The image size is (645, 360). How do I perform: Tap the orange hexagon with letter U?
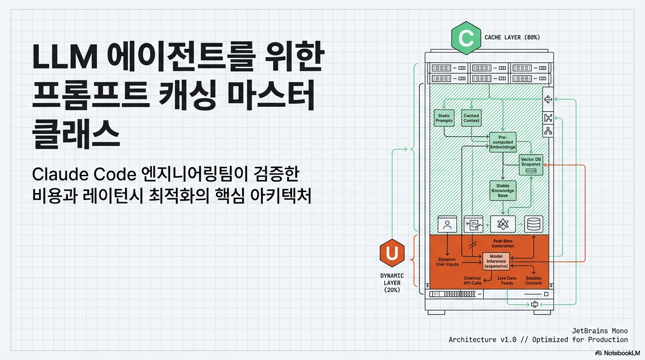(392, 254)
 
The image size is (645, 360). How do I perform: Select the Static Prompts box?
(444, 118)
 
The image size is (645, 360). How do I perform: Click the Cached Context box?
(471, 118)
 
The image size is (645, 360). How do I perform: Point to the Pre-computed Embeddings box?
(503, 142)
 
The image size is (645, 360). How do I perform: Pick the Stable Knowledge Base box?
(503, 191)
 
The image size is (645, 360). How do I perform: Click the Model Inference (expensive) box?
(496, 261)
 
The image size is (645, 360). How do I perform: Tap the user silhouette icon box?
(447, 224)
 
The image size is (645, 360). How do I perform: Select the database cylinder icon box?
(533, 224)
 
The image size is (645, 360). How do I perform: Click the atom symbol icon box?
(503, 224)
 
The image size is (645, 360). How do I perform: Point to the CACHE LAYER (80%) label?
(512, 37)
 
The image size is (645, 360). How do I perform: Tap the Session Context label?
(533, 280)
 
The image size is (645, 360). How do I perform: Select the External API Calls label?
(472, 280)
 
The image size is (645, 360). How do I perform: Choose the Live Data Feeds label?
(507, 280)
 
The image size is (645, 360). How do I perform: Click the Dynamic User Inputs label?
(447, 262)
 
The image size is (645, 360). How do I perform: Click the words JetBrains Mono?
(600, 331)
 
